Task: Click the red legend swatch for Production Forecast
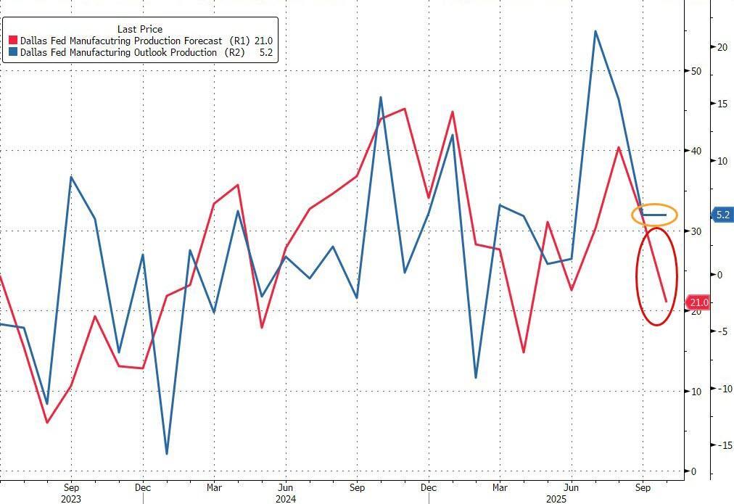pyautogui.click(x=12, y=41)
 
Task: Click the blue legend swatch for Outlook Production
pyautogui.click(x=12, y=53)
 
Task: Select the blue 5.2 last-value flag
pyautogui.click(x=722, y=215)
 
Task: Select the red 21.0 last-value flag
pyautogui.click(x=698, y=302)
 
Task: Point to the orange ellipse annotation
pyautogui.click(x=654, y=215)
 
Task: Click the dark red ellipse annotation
pyautogui.click(x=656, y=276)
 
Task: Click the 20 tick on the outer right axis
pyautogui.click(x=722, y=47)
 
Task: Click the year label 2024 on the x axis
pyautogui.click(x=286, y=499)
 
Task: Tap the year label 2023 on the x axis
pyautogui.click(x=71, y=499)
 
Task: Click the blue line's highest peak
pyautogui.click(x=595, y=31)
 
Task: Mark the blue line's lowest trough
pyautogui.click(x=167, y=454)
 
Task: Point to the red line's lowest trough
pyautogui.click(x=47, y=422)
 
